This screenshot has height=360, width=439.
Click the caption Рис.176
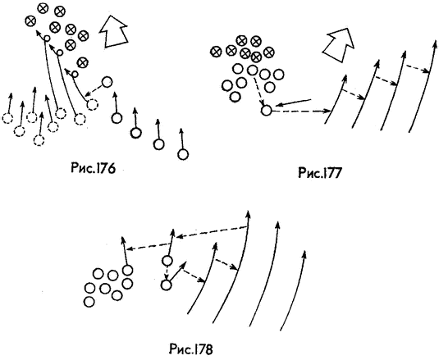(93, 169)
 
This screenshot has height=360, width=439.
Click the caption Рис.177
(320, 173)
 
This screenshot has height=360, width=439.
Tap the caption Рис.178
(191, 349)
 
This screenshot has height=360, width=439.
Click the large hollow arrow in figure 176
(113, 32)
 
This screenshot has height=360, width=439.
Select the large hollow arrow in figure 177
(339, 44)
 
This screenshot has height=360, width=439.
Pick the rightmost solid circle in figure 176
(183, 154)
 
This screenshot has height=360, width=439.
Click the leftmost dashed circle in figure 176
(7, 119)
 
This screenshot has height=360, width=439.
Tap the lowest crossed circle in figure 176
(82, 62)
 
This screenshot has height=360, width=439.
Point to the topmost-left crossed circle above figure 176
(30, 21)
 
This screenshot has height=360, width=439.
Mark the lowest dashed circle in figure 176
(39, 140)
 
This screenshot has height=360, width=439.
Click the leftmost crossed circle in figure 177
(216, 51)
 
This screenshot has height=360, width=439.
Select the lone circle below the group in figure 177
(266, 111)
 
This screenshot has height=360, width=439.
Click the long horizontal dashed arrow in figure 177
(302, 112)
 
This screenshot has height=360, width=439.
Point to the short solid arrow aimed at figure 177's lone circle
(293, 103)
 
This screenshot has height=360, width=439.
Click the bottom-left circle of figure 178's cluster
(89, 302)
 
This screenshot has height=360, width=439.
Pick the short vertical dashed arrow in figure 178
(167, 273)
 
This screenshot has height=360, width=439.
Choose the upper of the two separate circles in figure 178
(167, 261)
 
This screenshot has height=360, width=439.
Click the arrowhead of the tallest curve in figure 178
(248, 213)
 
